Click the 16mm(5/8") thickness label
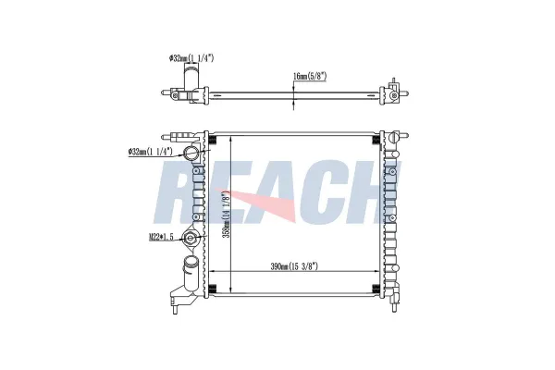point(310,76)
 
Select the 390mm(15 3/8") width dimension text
point(294,266)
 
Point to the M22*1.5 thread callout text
point(161,238)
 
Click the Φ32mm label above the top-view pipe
point(191,58)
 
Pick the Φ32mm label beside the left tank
point(150,152)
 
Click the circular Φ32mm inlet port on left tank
point(190,153)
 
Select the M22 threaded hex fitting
point(190,238)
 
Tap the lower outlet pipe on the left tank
point(190,273)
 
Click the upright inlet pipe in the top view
point(191,79)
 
